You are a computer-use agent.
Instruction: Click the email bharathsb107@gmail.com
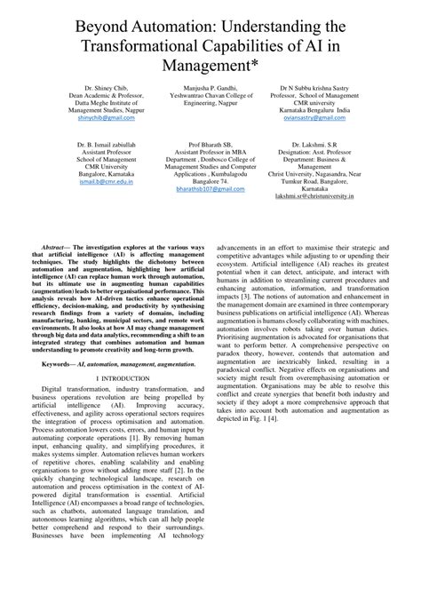coord(210,189)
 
